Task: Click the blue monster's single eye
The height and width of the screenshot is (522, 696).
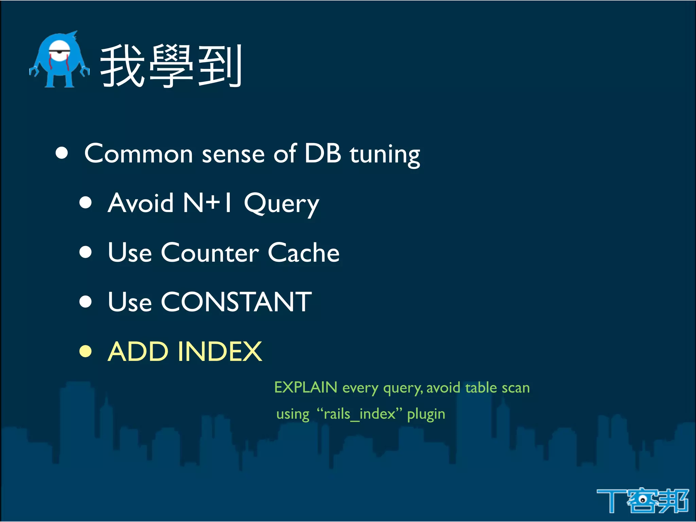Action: coord(59,51)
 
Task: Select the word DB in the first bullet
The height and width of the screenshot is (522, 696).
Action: coord(323,154)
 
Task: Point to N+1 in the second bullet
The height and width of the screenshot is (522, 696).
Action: coord(207,203)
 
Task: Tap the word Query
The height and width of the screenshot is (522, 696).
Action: coord(281,204)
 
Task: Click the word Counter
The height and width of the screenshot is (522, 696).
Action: coord(210,253)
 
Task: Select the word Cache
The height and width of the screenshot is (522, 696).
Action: coord(303,253)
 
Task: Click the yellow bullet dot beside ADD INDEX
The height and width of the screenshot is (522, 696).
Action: coord(86,351)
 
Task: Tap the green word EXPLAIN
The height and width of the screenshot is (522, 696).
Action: coord(306,387)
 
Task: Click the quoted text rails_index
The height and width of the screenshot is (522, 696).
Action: coord(360,414)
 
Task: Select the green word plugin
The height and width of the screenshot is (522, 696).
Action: coord(426,415)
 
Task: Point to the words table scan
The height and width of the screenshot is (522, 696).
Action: coord(497,388)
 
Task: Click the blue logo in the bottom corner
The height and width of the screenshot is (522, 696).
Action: coord(642,500)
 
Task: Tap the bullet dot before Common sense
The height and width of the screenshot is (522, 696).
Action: coord(62,153)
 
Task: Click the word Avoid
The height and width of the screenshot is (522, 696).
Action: coord(141,203)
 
